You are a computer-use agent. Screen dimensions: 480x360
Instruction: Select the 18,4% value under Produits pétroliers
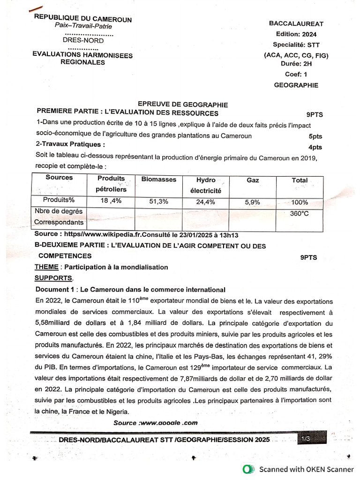111,201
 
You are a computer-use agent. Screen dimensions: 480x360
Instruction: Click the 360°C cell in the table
300,213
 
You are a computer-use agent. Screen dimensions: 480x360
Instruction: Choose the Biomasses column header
159,180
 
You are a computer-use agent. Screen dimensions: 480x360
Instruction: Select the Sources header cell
59,178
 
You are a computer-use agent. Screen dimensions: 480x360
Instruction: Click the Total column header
300,180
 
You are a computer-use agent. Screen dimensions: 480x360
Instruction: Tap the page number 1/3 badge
307,438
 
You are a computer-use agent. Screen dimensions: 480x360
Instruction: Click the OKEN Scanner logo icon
249,469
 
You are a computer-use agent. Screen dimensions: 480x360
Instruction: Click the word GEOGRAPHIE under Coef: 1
296,85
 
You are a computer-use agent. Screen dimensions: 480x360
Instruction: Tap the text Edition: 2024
296,34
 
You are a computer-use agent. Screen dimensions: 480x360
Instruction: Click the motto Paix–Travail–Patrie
83,26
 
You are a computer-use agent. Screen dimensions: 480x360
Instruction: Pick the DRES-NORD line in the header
83,41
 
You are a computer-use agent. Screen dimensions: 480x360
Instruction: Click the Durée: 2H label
296,64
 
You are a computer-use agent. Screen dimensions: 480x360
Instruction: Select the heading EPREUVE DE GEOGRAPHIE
182,105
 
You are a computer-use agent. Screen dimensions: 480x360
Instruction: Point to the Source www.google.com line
156,422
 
